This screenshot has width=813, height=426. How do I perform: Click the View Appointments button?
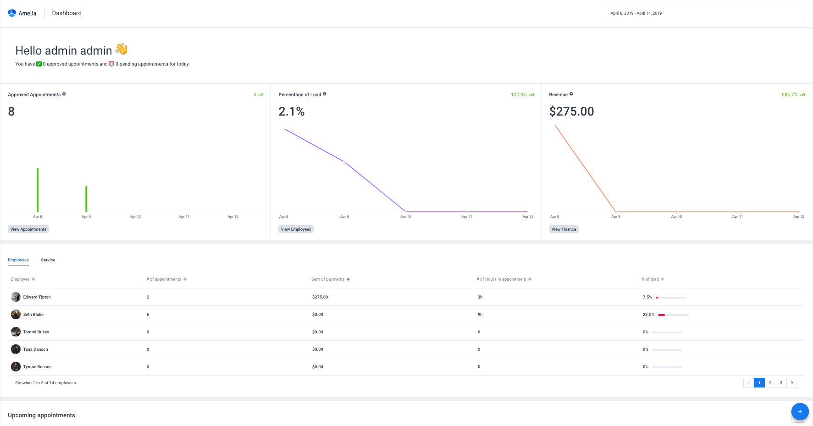coord(28,229)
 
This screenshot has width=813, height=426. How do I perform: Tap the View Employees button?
coord(296,229)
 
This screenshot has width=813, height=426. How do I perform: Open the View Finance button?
coord(564,229)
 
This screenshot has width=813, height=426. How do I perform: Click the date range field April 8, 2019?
coord(705,13)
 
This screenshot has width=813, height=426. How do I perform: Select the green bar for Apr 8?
coord(38,190)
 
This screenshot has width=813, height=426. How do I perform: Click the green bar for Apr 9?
coord(86,199)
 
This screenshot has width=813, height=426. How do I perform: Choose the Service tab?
coord(48,260)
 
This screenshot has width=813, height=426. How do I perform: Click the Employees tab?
coord(18,260)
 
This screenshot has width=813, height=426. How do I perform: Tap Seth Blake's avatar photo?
coord(16,315)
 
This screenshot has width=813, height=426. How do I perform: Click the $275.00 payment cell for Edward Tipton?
coord(320,297)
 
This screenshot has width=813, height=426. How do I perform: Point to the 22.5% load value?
coord(648,315)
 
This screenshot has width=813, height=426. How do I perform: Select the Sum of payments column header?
coord(328,279)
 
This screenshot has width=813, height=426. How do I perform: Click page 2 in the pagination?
coord(770,383)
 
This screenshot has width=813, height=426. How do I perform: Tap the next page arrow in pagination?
coord(792,383)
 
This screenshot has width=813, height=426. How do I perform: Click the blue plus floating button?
coord(800,411)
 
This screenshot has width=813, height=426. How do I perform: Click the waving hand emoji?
coord(122,49)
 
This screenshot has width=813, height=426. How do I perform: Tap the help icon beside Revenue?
coord(571,94)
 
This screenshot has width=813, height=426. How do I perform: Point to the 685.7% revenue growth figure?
coord(790,95)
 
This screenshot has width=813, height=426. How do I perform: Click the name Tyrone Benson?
coord(38,367)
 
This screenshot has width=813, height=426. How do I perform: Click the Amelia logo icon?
coord(12,13)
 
